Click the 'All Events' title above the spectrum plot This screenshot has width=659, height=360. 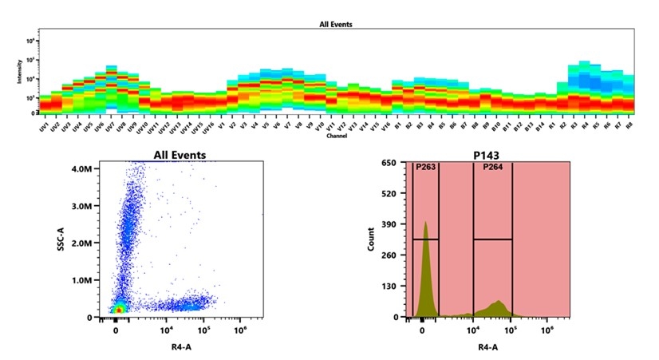coord(335,25)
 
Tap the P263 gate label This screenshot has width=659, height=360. coord(426,168)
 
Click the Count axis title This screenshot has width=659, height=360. coord(371,239)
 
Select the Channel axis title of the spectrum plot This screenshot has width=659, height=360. coord(336,136)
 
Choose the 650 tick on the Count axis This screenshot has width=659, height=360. coord(391,163)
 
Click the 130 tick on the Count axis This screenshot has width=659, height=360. coord(391,287)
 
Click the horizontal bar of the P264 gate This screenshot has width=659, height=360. coord(492,239)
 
